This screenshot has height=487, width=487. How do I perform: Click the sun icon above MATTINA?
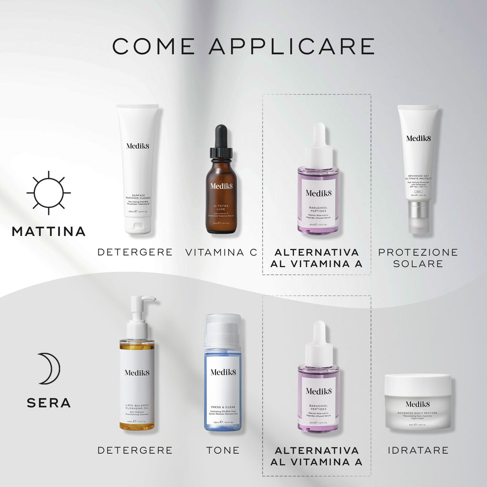pyautogui.click(x=49, y=193)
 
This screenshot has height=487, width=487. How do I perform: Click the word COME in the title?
pyautogui.click(x=153, y=46)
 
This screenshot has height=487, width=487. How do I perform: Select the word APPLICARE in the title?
pyautogui.click(x=292, y=46)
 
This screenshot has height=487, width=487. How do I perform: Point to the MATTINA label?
pyautogui.click(x=49, y=232)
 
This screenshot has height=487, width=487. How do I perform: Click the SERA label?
pyautogui.click(x=49, y=403)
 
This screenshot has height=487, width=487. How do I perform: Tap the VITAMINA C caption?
pyautogui.click(x=221, y=253)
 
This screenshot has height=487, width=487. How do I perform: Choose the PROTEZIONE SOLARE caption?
pyautogui.click(x=418, y=257)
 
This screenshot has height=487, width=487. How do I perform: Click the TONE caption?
pyautogui.click(x=223, y=450)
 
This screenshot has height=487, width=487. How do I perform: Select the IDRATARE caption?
pyautogui.click(x=418, y=450)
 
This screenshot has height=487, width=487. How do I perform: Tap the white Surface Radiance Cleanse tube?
pyautogui.click(x=137, y=166)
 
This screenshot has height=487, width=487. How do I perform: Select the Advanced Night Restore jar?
pyautogui.click(x=418, y=402)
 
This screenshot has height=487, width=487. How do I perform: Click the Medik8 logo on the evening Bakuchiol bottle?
pyautogui.click(x=318, y=391)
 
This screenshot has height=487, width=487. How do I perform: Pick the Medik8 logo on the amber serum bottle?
pyautogui.click(x=221, y=185)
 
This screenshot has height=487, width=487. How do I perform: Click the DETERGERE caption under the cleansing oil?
pyautogui.click(x=135, y=450)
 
